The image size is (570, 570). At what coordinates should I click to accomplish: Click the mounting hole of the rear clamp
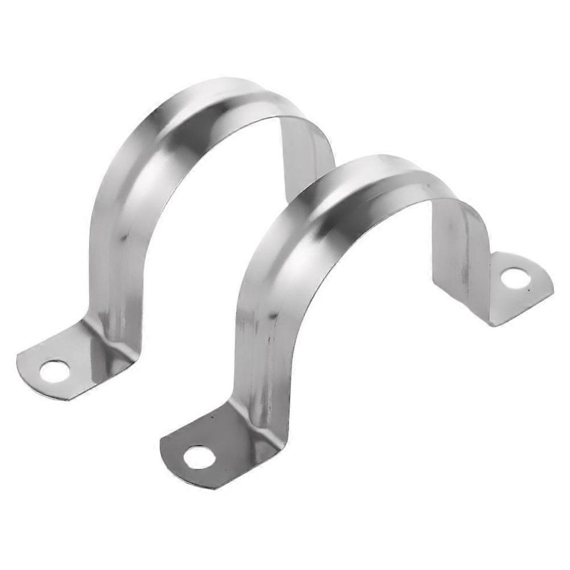click(55, 371)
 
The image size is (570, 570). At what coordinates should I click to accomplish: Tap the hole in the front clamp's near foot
click(199, 457)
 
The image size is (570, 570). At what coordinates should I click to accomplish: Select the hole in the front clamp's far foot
click(515, 277)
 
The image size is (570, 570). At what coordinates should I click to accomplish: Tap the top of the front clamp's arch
click(370, 171)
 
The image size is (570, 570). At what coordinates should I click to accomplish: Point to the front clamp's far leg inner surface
click(461, 251)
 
